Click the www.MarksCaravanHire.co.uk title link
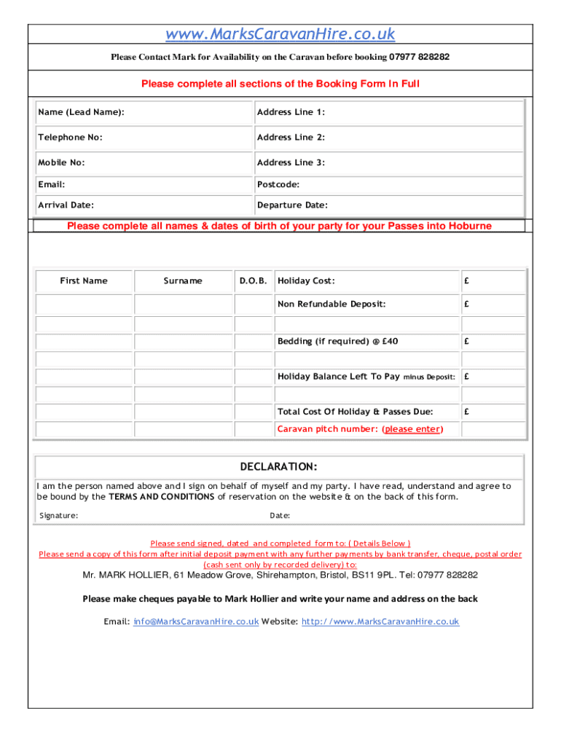click(280, 34)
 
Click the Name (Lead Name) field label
click(81, 112)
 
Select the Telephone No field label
click(70, 138)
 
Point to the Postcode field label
click(278, 185)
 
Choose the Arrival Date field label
click(66, 205)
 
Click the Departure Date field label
click(292, 205)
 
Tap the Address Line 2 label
click(291, 138)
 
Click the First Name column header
click(84, 281)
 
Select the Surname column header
click(183, 281)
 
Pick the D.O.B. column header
click(254, 281)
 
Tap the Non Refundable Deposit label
click(331, 305)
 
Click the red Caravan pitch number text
click(359, 429)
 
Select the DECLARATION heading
click(279, 466)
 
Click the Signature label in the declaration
click(59, 516)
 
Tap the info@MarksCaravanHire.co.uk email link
click(196, 621)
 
